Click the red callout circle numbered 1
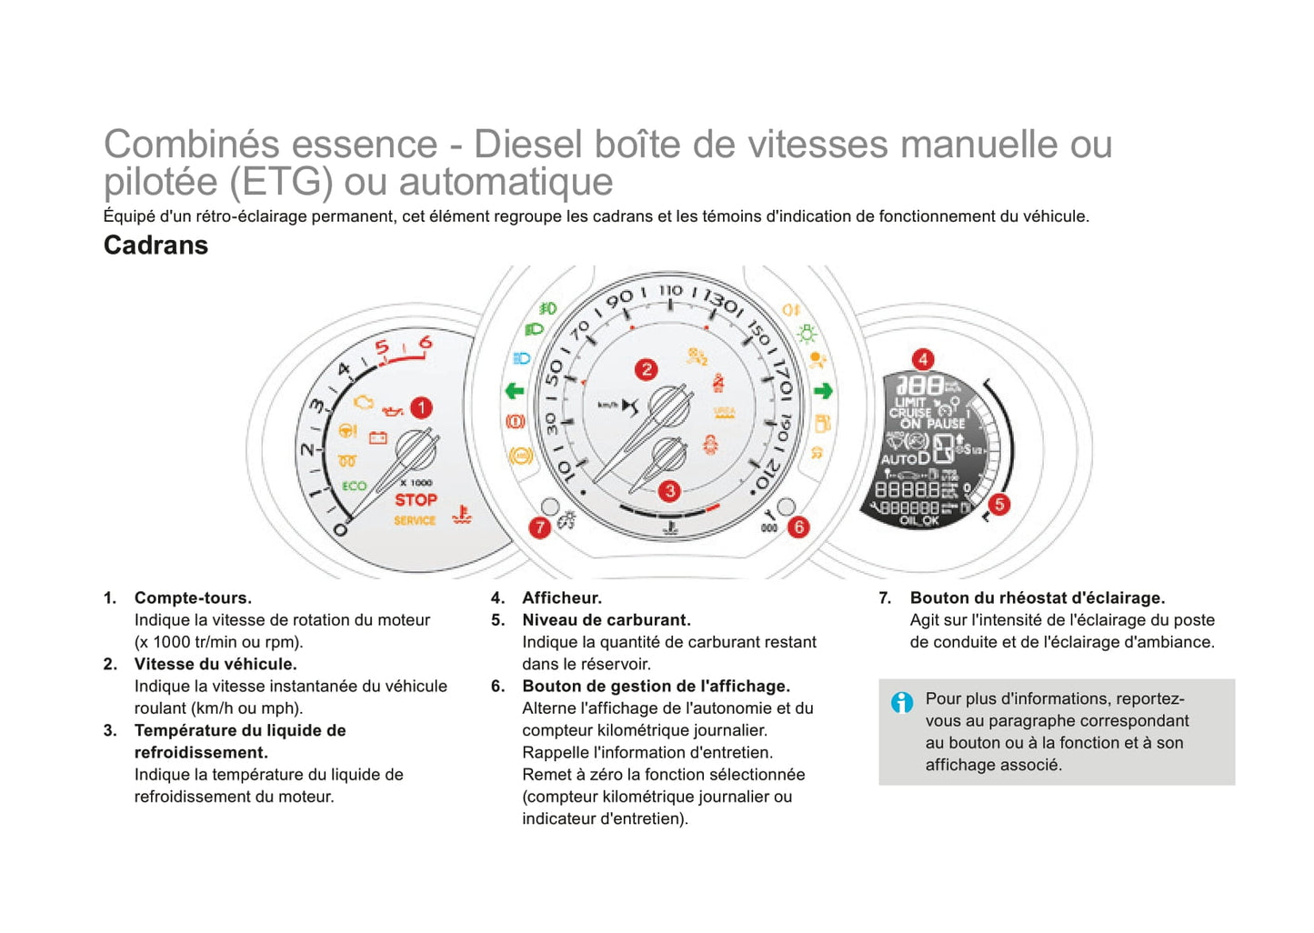[421, 407]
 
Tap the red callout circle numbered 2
[646, 369]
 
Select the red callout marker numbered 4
[922, 359]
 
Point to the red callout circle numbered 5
[998, 504]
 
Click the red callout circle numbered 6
[798, 527]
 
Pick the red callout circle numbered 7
[540, 527]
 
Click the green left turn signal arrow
[515, 391]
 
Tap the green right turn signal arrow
[823, 391]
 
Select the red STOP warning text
[416, 500]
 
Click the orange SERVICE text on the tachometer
[415, 520]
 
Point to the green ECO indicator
[354, 487]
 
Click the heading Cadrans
[155, 246]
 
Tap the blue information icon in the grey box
[901, 702]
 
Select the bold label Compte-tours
[193, 597]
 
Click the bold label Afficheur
[561, 597]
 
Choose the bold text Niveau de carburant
[606, 619]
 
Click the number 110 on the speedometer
[670, 291]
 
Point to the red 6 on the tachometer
[425, 343]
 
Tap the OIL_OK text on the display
[918, 521]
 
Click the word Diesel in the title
[527, 145]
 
